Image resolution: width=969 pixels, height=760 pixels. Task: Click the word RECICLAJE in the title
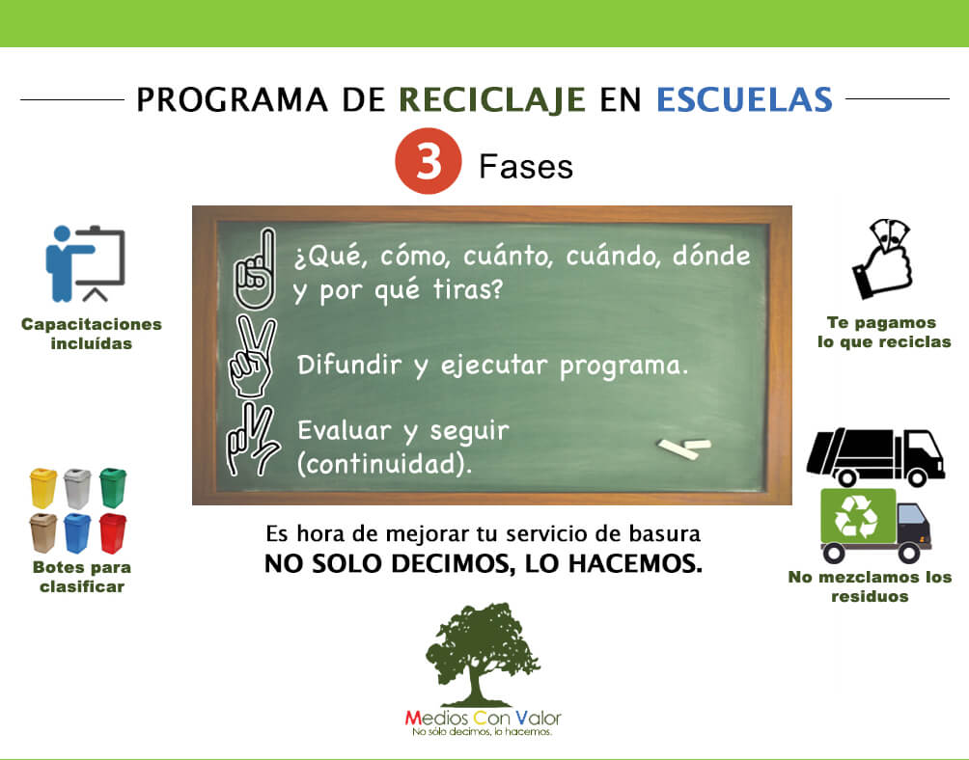492,99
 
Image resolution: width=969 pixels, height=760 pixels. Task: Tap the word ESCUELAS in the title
743,99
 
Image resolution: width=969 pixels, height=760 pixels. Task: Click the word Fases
526,167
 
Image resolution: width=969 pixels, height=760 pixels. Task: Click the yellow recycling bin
43,488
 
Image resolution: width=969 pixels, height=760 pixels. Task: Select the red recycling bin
113,532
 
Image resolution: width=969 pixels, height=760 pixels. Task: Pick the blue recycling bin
77,532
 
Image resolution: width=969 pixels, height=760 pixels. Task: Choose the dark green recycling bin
113,488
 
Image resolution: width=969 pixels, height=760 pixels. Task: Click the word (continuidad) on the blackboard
384,464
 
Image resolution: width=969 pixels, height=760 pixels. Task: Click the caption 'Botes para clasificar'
81,577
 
